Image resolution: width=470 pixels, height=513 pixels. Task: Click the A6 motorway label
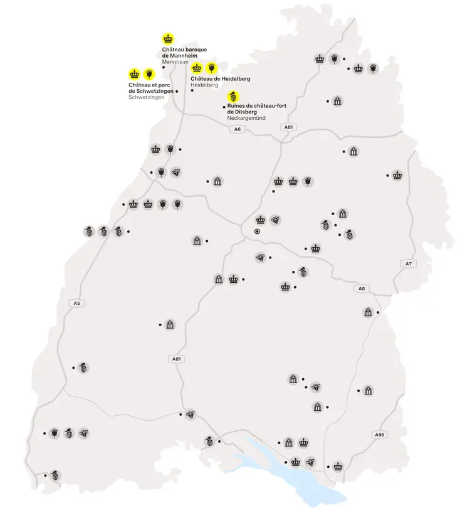click(236, 129)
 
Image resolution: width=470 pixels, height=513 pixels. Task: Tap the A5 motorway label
click(77, 304)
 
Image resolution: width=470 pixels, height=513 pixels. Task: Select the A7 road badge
click(408, 263)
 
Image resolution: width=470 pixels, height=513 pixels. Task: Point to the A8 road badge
click(361, 288)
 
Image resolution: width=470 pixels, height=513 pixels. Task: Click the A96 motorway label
click(379, 435)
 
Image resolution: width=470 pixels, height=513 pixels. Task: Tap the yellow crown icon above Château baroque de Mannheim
click(168, 38)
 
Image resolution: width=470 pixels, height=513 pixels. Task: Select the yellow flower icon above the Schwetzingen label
click(149, 73)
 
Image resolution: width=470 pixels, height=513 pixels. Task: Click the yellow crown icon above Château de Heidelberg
click(197, 67)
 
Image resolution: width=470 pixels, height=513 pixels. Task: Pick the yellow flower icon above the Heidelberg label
click(212, 67)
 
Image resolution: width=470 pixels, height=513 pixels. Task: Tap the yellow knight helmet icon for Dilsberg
click(233, 97)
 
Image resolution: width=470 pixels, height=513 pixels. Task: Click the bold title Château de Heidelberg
click(220, 78)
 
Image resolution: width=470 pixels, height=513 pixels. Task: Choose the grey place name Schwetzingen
click(147, 97)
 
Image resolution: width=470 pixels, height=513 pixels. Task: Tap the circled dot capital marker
click(257, 231)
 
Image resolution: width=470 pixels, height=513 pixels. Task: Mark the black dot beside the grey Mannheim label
click(164, 67)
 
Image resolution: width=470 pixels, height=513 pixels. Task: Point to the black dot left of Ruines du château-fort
click(223, 107)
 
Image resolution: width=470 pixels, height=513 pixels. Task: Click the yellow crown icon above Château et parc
click(134, 73)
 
